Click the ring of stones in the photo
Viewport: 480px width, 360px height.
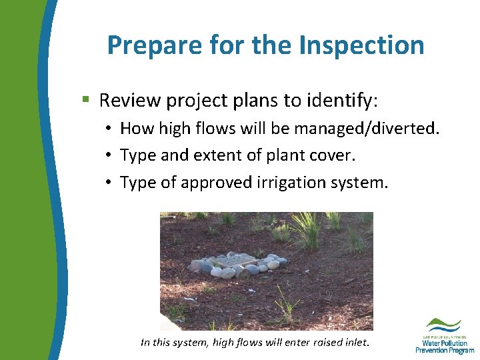tap(238, 265)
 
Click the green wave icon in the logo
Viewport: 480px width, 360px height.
tap(443, 324)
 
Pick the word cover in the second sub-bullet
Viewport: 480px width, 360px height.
tap(335, 155)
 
